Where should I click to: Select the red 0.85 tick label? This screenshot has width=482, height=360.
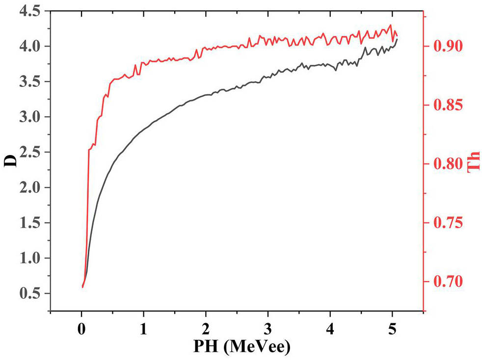click(445, 105)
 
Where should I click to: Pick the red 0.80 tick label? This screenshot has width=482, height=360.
click(445, 164)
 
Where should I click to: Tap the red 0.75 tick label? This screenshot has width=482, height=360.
click(445, 223)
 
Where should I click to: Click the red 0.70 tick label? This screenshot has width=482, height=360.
click(445, 282)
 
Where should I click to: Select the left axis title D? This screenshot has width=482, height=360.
click(11, 161)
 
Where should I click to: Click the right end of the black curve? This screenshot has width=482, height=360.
click(397, 39)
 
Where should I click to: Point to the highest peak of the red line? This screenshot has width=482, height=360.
click(391, 25)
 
